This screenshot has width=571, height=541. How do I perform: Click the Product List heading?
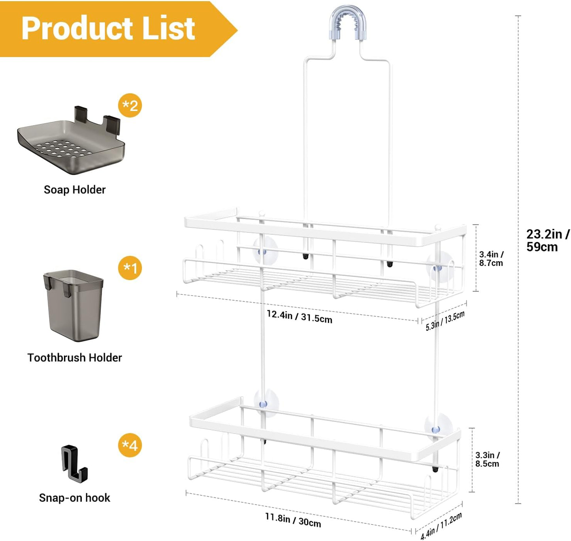[x=108, y=28]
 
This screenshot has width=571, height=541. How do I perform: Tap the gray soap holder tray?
[x=72, y=144]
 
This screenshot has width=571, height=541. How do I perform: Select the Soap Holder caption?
[x=75, y=190]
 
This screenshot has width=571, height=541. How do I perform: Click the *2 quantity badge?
[x=130, y=106]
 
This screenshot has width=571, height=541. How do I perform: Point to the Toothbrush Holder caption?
[x=75, y=358]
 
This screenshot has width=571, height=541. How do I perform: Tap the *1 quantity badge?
[x=130, y=268]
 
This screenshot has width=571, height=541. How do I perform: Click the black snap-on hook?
[x=74, y=464]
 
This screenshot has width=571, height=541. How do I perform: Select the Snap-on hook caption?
[x=75, y=498]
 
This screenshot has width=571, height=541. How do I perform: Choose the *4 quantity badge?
[x=130, y=446]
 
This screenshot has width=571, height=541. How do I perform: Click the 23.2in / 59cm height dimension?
[x=547, y=240]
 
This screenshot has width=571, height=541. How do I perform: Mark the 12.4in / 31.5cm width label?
[x=299, y=316]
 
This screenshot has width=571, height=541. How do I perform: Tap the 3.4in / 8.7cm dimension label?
[x=491, y=259]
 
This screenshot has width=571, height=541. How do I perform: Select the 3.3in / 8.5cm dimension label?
[x=487, y=460]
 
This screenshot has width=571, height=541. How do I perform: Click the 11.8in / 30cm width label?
[x=293, y=520]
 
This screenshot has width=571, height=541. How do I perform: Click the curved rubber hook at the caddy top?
[x=348, y=22]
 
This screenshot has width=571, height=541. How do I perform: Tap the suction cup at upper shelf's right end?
[x=439, y=268]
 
